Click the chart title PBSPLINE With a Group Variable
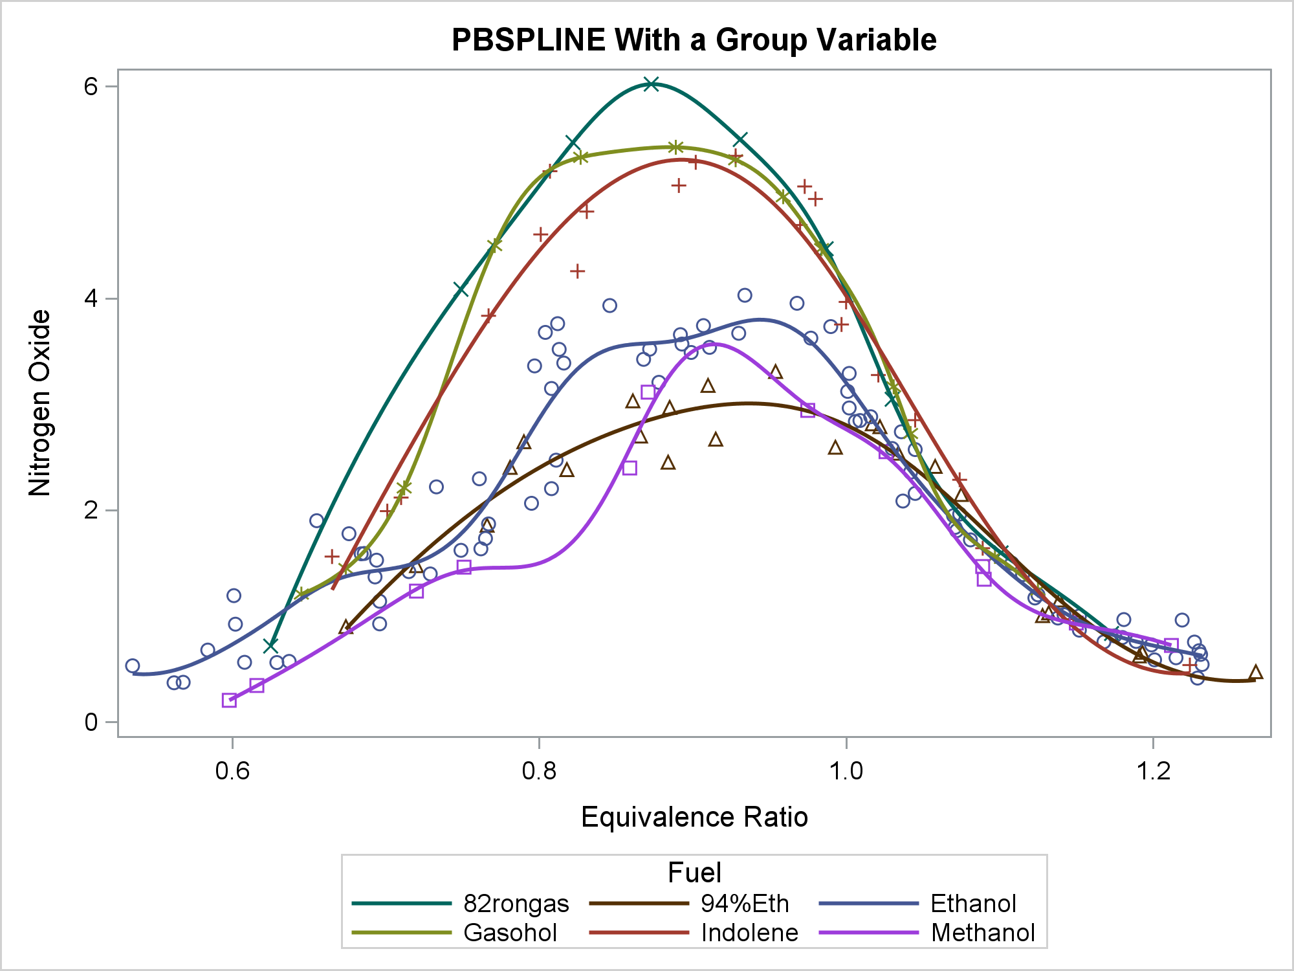tap(694, 40)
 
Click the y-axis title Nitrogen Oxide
tap(40, 403)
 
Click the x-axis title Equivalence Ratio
tap(694, 817)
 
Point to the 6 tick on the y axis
tap(91, 87)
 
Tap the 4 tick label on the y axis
tap(91, 298)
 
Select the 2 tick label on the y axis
tap(91, 510)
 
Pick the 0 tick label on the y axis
tap(91, 722)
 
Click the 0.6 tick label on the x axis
tap(232, 772)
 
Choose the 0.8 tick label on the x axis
tap(539, 772)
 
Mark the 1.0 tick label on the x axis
tap(846, 772)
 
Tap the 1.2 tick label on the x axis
tap(1153, 772)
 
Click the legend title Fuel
tap(694, 873)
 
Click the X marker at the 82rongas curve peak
tap(652, 84)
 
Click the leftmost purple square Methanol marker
tap(229, 700)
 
